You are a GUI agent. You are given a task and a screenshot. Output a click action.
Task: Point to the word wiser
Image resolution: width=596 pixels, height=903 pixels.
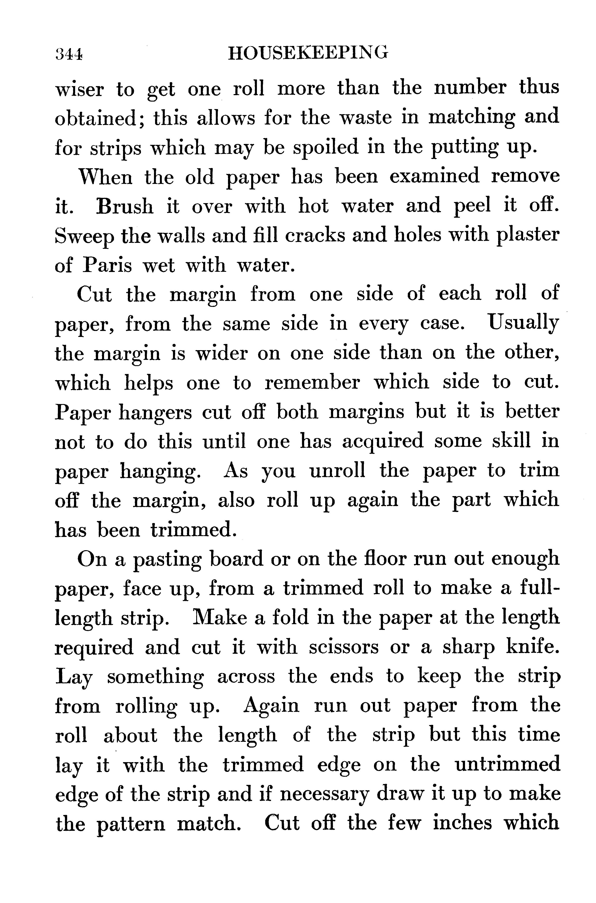(79, 89)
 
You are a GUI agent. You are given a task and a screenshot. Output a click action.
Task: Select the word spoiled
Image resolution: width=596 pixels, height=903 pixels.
(326, 148)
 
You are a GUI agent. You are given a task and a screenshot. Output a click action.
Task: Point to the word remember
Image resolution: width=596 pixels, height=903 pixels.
(312, 383)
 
